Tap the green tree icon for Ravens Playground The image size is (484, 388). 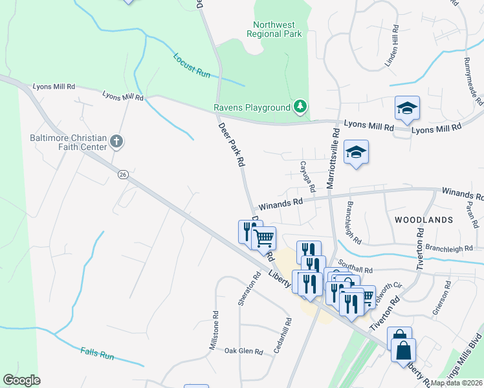pyautogui.click(x=300, y=106)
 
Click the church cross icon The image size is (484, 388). pyautogui.click(x=116, y=141)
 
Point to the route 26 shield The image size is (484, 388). pyautogui.click(x=122, y=174)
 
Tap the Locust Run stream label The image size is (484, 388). pyautogui.click(x=192, y=65)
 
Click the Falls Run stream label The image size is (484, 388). pyautogui.click(x=97, y=354)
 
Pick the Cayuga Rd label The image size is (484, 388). pyautogui.click(x=307, y=177)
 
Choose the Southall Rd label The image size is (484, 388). pyautogui.click(x=359, y=270)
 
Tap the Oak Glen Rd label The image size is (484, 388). pyautogui.click(x=243, y=351)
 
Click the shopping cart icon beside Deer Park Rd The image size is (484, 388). pyautogui.click(x=263, y=238)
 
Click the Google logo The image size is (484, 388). pyautogui.click(x=21, y=380)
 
